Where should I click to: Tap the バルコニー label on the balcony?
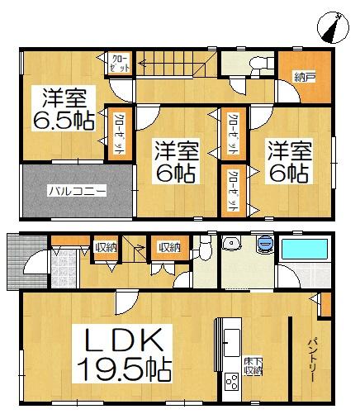pos(74,191)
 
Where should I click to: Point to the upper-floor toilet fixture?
pos(259,64)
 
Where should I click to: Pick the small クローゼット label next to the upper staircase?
pos(120,64)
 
